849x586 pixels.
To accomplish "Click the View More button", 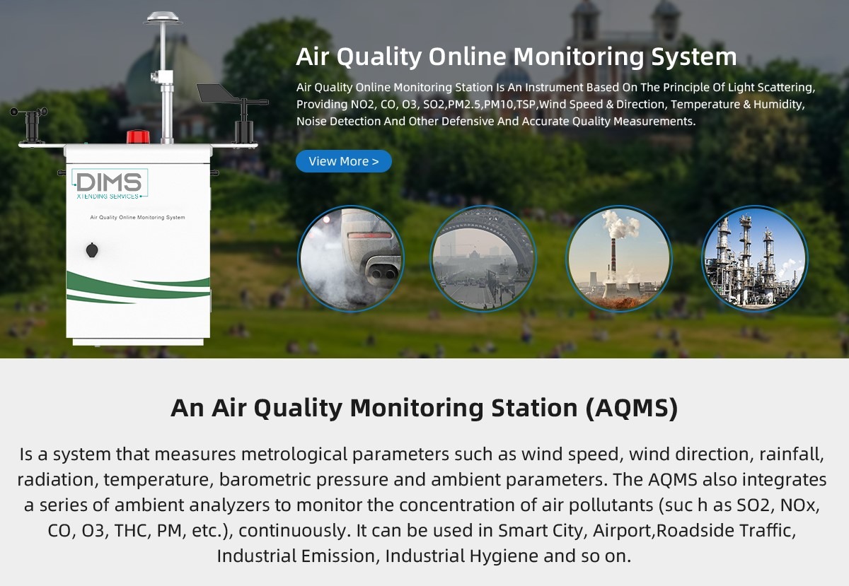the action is click(343, 161).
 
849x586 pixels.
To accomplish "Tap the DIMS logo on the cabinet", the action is click(110, 184).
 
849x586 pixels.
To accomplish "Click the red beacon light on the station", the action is click(138, 136).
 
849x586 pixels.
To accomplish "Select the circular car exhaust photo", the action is click(351, 259).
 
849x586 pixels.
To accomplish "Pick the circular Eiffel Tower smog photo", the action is click(483, 259).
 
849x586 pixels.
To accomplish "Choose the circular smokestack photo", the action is click(618, 259).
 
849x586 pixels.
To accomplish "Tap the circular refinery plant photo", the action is click(755, 259).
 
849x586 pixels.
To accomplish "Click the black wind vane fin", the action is click(216, 93).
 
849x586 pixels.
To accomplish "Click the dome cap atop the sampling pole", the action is click(163, 18).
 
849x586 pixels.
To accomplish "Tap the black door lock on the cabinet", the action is click(92, 250).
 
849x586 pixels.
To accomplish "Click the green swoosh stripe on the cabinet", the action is click(138, 288).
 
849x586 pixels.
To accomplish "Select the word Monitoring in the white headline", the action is click(579, 57).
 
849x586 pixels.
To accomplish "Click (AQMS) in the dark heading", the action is click(631, 408).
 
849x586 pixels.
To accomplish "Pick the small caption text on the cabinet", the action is click(137, 218).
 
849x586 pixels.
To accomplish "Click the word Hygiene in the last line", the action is click(504, 556).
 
